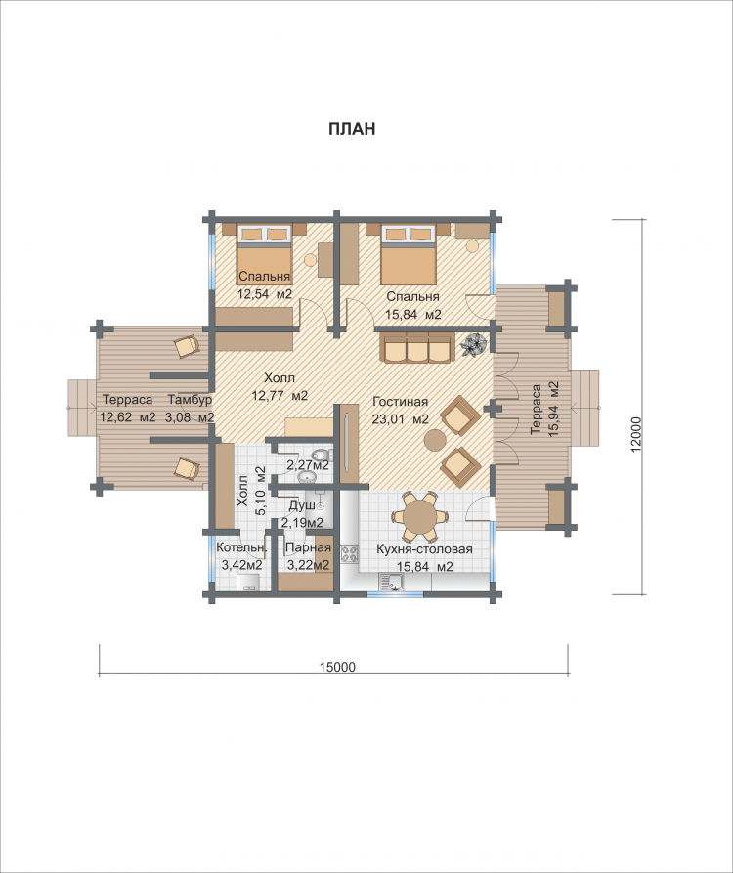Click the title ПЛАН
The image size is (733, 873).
click(x=352, y=129)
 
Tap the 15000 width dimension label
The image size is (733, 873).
click(x=338, y=667)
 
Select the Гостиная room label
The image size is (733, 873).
click(x=400, y=402)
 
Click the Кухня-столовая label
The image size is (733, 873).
click(x=425, y=549)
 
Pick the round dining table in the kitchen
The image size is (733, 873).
click(x=419, y=517)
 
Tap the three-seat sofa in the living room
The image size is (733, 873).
click(x=416, y=347)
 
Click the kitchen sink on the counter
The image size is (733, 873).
click(x=392, y=583)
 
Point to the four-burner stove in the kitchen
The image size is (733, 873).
click(x=351, y=554)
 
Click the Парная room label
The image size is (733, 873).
click(x=308, y=548)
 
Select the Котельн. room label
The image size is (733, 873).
click(x=241, y=548)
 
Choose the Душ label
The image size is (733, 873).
click(x=302, y=506)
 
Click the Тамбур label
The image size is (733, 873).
click(x=190, y=400)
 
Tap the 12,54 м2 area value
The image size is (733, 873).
click(x=265, y=294)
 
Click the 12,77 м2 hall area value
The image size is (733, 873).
click(x=280, y=396)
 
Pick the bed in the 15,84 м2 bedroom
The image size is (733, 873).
click(x=408, y=254)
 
